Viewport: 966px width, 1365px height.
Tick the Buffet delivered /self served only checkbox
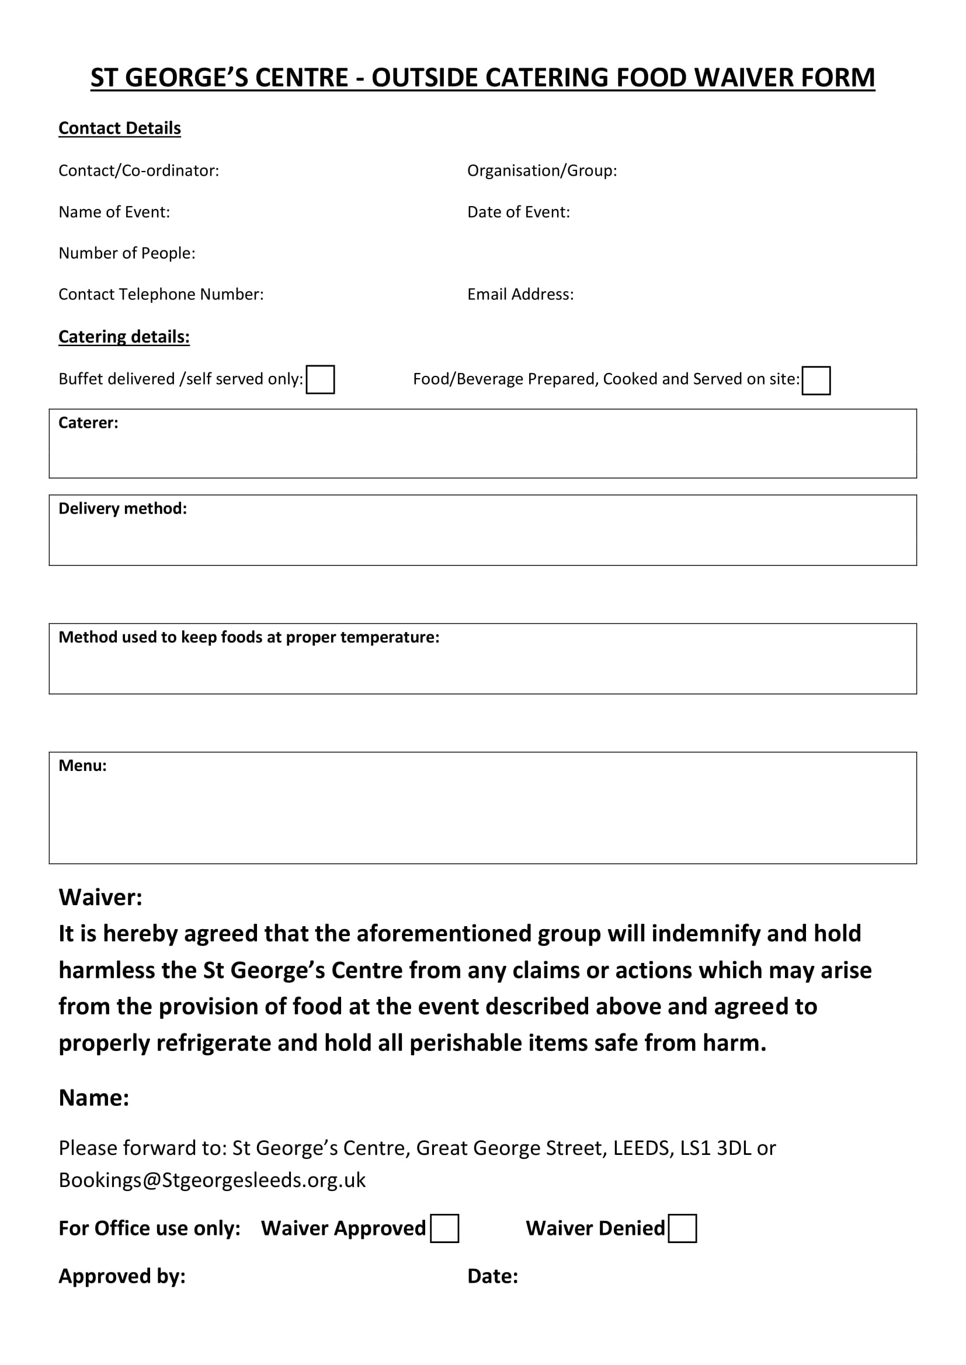(x=320, y=379)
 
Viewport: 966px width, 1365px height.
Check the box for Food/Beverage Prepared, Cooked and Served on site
(x=815, y=380)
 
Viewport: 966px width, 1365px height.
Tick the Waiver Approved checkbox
(x=444, y=1228)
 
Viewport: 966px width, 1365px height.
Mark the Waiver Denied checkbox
(x=682, y=1228)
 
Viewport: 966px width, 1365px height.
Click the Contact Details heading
(x=120, y=128)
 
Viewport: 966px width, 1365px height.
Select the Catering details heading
(x=124, y=337)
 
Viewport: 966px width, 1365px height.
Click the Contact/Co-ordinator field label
(x=138, y=170)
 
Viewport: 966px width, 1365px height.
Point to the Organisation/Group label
(x=541, y=170)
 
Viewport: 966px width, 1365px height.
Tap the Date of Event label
(x=518, y=212)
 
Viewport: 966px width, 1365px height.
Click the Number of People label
(x=127, y=253)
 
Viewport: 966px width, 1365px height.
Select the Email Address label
(x=520, y=294)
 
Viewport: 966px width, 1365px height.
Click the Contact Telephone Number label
(x=161, y=294)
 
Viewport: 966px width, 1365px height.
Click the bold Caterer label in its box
(x=88, y=423)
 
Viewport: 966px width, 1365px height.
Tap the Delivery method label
(x=123, y=508)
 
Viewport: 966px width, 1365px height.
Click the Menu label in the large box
(x=82, y=766)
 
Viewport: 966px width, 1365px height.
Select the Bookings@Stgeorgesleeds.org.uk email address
(x=212, y=1179)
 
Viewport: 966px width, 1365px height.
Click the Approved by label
(x=122, y=1276)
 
